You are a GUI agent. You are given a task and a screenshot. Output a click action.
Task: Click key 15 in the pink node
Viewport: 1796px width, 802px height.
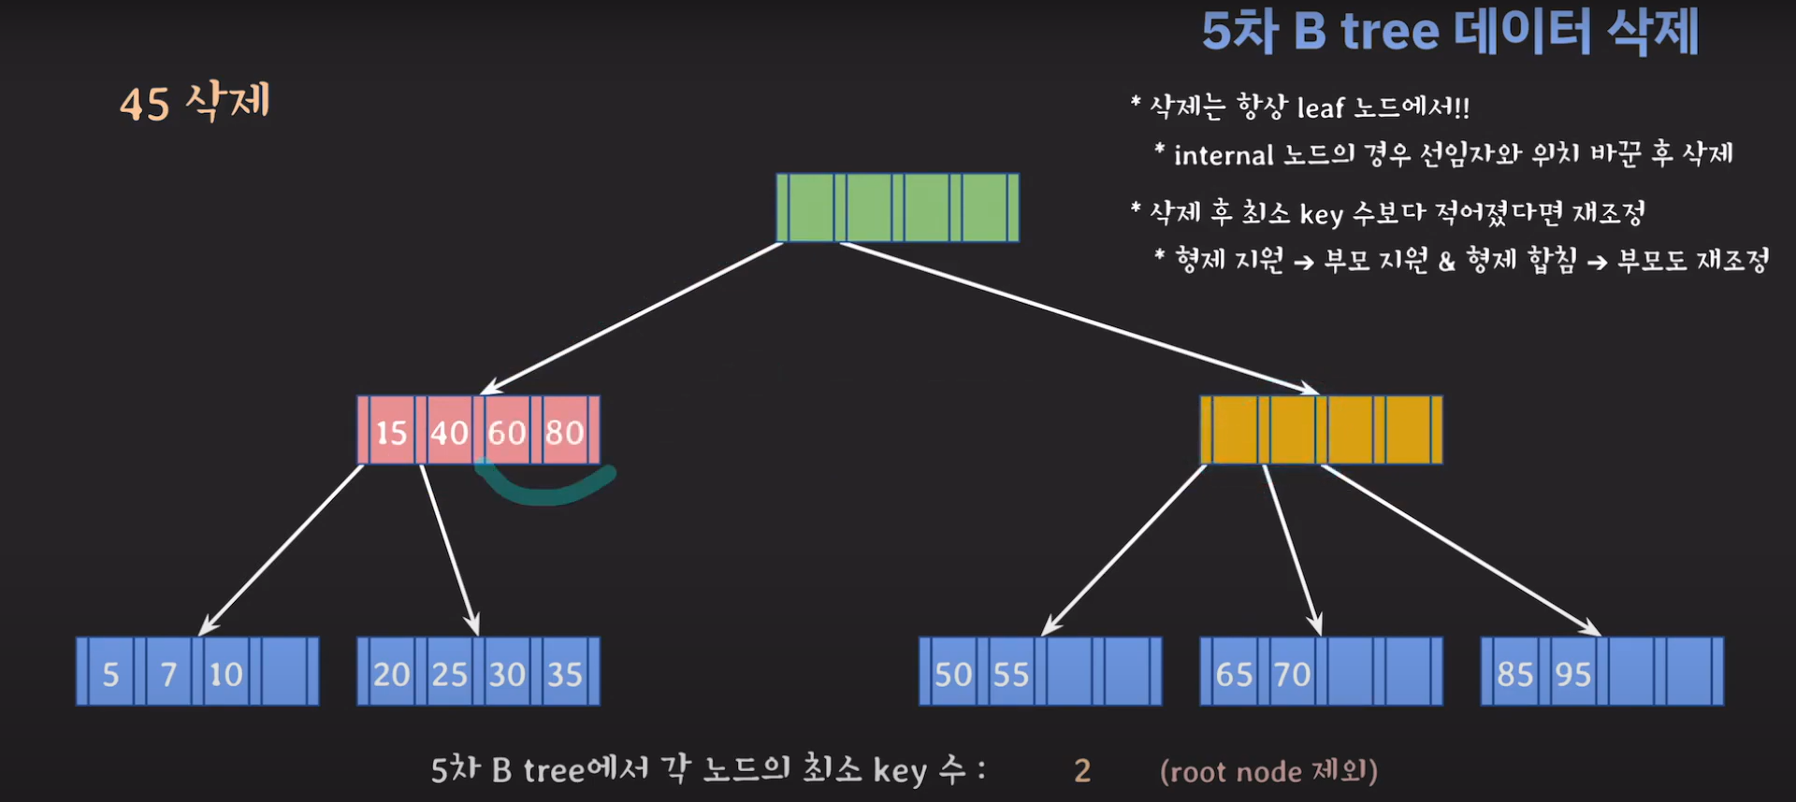[x=391, y=432]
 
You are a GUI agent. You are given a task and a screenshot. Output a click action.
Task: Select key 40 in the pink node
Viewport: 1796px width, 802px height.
[x=449, y=432]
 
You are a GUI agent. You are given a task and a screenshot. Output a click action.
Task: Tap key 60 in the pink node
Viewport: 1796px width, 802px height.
[x=507, y=432]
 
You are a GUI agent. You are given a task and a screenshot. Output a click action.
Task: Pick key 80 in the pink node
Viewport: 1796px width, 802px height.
[x=565, y=432]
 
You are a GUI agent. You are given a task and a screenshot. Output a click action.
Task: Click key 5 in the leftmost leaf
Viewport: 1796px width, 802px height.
[x=110, y=674]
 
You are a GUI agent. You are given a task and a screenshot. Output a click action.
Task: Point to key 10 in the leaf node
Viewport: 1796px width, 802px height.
[x=225, y=674]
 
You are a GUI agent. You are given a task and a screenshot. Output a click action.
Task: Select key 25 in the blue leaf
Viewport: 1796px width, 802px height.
[x=449, y=674]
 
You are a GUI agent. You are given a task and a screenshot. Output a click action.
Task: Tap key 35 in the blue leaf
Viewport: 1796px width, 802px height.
[x=565, y=674]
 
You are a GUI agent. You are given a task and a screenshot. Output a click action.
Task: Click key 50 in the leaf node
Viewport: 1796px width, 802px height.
[x=953, y=674]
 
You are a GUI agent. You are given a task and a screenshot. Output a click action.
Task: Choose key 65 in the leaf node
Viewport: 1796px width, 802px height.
[x=1234, y=674]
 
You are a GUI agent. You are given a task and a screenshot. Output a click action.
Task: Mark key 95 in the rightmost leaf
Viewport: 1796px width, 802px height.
[x=1572, y=674]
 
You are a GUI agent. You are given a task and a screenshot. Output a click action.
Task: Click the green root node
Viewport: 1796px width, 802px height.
[x=897, y=208]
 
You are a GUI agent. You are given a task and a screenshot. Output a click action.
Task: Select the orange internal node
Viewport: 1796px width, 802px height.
[x=1321, y=430]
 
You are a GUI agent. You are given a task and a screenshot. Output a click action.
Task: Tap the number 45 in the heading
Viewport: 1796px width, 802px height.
[x=145, y=104]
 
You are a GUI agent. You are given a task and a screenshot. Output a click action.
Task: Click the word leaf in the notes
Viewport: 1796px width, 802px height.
[x=1320, y=108]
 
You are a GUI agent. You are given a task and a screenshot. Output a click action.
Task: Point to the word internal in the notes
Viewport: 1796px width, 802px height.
[x=1224, y=155]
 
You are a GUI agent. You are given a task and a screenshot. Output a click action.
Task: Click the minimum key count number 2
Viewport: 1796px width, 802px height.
[x=1082, y=771]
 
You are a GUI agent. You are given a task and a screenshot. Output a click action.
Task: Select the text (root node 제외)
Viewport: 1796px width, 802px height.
[x=1268, y=771]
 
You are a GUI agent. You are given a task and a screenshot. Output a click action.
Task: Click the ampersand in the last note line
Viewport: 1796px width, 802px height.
[x=1446, y=262]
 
